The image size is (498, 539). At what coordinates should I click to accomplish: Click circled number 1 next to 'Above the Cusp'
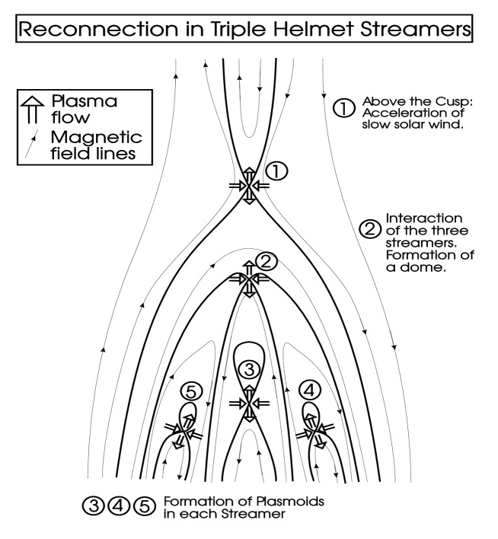[345, 108]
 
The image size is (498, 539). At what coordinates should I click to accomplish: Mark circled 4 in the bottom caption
[118, 506]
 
